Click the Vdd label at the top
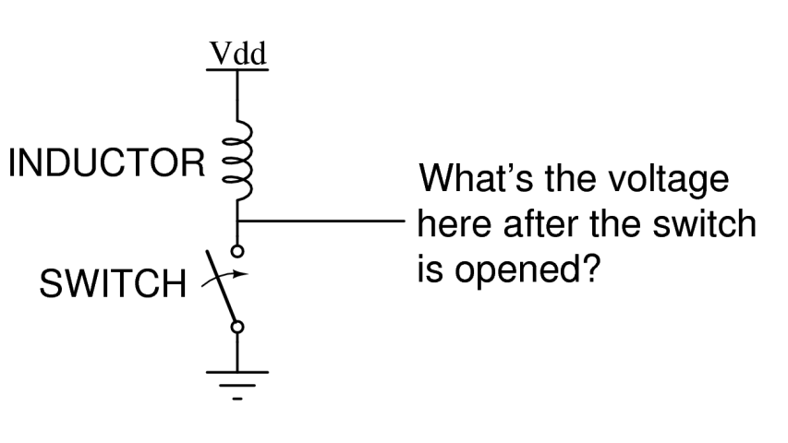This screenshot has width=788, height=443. pos(237,54)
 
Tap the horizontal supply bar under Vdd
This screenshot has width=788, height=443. pos(237,70)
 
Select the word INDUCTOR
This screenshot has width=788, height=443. pos(106,164)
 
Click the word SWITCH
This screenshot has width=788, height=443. pos(112,283)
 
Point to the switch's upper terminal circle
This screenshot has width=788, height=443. pos(238,249)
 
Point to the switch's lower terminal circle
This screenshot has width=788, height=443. pos(238,326)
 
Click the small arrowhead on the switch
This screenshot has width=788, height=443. pos(241,273)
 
